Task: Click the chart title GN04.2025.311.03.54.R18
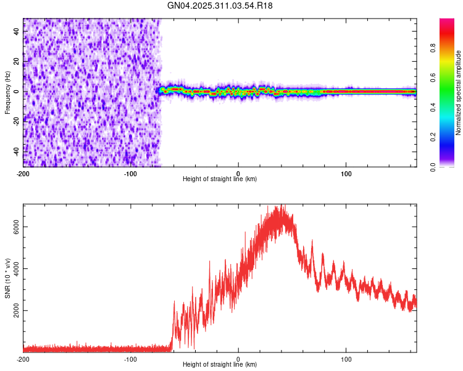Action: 220,6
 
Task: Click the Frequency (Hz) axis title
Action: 8,92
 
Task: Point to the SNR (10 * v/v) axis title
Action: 8,278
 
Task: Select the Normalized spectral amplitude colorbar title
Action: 459,92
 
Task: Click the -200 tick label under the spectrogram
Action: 23,173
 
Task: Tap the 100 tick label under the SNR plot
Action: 346,359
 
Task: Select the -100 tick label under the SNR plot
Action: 130,359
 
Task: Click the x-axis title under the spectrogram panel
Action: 220,179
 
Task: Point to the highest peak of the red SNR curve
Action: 282,205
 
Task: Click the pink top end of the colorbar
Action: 447,22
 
